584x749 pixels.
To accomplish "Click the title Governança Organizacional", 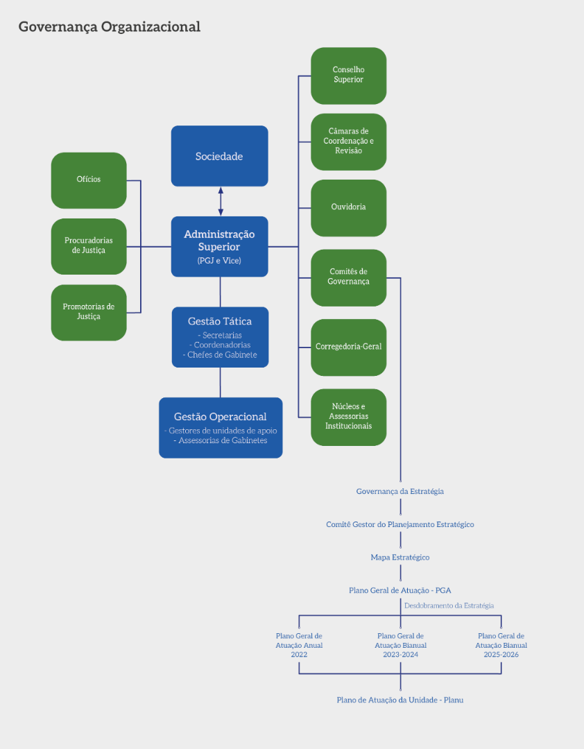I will (x=109, y=27).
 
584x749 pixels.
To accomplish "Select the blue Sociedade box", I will (x=219, y=156).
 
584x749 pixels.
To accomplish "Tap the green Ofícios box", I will (x=89, y=180).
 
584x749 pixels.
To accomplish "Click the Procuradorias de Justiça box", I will (x=89, y=246).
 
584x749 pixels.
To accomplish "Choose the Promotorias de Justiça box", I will (x=89, y=312).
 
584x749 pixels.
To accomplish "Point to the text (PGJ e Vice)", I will (x=219, y=261).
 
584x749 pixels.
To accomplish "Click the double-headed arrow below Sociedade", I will (x=221, y=201).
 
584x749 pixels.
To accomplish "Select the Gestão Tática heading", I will (x=219, y=321).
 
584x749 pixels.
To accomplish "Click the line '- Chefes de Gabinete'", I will (x=219, y=354).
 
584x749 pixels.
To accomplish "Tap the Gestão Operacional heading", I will (x=220, y=417).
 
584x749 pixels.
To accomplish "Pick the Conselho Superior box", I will (x=348, y=75).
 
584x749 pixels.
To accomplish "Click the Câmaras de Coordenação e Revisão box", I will (x=348, y=141).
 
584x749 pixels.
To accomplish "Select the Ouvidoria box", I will (x=348, y=207).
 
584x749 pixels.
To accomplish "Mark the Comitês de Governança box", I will (x=348, y=277).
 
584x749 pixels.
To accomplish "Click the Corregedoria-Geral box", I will (x=348, y=347).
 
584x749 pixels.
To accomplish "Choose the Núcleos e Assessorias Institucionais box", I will (x=348, y=416).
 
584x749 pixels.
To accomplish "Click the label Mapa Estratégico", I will (x=400, y=558).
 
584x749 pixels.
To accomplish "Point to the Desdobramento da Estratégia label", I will (x=449, y=605).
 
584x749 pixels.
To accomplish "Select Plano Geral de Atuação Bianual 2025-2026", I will (x=501, y=645).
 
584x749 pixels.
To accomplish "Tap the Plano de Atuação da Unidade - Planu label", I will (x=400, y=700).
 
